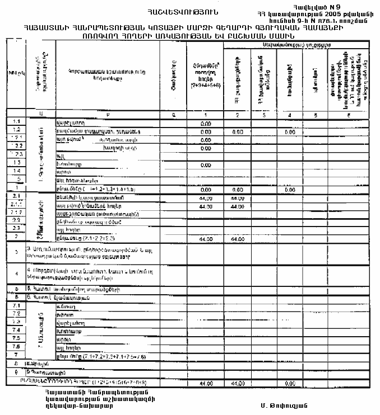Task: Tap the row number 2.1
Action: point(16,197)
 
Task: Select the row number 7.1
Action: point(16,306)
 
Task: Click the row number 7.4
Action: point(16,331)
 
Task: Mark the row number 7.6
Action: point(16,347)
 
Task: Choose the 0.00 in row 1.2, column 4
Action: point(289,131)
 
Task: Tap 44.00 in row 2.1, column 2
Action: point(237,198)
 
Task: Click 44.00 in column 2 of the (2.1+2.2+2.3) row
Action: point(237,239)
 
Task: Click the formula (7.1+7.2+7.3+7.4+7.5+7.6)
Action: point(108,355)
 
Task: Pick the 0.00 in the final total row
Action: point(289,383)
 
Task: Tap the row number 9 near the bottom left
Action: point(16,371)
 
